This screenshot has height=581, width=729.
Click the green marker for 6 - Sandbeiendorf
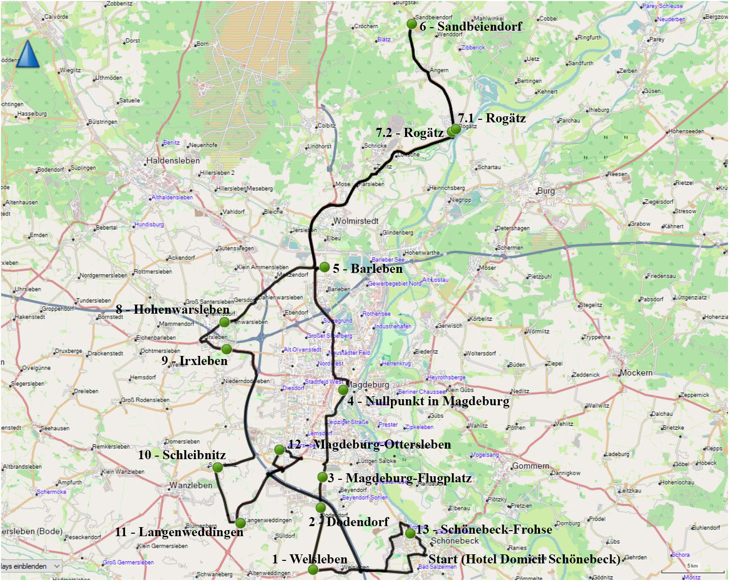pyautogui.click(x=412, y=24)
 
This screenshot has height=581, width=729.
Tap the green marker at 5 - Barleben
pyautogui.click(x=324, y=267)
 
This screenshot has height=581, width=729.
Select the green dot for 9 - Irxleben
pyautogui.click(x=227, y=349)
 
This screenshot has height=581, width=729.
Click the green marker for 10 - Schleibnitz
pyautogui.click(x=218, y=467)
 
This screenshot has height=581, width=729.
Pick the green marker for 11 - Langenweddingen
pyautogui.click(x=240, y=523)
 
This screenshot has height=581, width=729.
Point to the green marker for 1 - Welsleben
pyautogui.click(x=313, y=569)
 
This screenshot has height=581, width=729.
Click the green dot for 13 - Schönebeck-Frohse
pyautogui.click(x=410, y=533)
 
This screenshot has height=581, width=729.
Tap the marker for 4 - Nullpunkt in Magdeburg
pyautogui.click(x=343, y=389)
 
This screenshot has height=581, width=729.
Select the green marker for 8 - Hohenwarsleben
pyautogui.click(x=225, y=322)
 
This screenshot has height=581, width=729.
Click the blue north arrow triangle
pyautogui.click(x=28, y=54)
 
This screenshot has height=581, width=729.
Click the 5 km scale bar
pyautogui.click(x=693, y=571)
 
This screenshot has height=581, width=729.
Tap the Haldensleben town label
pyautogui.click(x=173, y=161)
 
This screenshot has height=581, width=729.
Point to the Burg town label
pyautogui.click(x=546, y=191)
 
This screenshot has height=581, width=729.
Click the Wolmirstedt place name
pyautogui.click(x=356, y=221)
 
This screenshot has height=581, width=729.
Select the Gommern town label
pyautogui.click(x=531, y=466)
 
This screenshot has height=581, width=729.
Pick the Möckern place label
pyautogui.click(x=636, y=373)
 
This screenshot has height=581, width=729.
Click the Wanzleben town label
pyautogui.click(x=190, y=485)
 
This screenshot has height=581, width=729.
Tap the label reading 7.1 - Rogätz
pyautogui.click(x=492, y=118)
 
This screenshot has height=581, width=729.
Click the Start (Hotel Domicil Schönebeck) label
pyautogui.click(x=524, y=559)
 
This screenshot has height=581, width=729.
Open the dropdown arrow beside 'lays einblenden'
pyautogui.click(x=57, y=566)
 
